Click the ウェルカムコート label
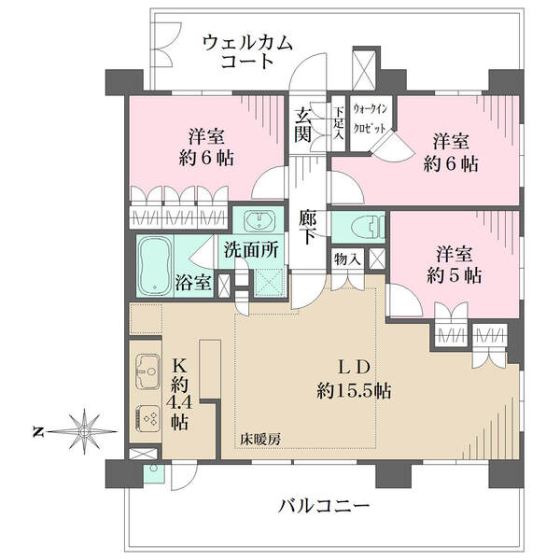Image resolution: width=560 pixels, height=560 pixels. click(247, 51)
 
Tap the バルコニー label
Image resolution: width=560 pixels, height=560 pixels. click(324, 506)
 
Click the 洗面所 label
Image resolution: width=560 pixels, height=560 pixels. click(251, 249)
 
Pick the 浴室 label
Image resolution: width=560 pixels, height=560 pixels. click(193, 283)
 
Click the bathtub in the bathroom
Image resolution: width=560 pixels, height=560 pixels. click(155, 266)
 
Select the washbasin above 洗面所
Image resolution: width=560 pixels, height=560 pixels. click(259, 219)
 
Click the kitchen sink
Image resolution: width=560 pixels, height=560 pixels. click(147, 371)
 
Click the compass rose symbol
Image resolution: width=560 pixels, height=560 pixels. click(84, 432)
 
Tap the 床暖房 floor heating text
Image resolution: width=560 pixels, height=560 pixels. click(260, 439)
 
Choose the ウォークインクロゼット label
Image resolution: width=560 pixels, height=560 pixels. click(371, 119)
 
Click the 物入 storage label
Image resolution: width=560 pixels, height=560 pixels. click(345, 259)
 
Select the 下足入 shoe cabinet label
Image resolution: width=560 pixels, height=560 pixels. click(339, 123)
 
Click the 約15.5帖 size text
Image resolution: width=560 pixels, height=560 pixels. click(354, 391)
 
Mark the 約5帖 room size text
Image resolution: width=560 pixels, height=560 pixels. click(455, 275)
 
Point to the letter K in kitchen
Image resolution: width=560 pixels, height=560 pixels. click(180, 365)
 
